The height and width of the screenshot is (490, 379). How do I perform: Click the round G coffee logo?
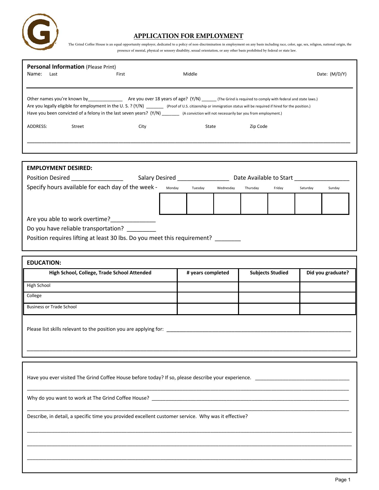tap(40, 32)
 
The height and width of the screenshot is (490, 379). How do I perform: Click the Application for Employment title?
tap(188, 36)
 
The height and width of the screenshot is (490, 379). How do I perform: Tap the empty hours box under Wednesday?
tap(227, 204)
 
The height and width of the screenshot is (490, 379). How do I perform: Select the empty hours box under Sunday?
tap(335, 204)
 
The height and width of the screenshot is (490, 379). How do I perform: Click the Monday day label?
tap(172, 188)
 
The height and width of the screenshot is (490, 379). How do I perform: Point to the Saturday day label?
tap(306, 188)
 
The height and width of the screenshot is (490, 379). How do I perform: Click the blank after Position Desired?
tap(97, 178)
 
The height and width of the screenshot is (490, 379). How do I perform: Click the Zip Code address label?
tap(258, 127)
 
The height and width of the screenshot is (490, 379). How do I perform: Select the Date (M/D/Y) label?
tap(331, 74)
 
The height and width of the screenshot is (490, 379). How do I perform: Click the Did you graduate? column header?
tap(327, 273)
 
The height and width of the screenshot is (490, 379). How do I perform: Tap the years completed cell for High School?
tap(208, 287)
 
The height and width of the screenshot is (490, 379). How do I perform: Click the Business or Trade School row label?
tap(52, 307)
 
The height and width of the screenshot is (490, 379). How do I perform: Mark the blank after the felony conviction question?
tap(171, 114)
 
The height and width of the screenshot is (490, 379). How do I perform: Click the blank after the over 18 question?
tap(209, 100)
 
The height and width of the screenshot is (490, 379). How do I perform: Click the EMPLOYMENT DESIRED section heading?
tap(60, 168)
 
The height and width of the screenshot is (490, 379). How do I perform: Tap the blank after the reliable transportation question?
tap(141, 229)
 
